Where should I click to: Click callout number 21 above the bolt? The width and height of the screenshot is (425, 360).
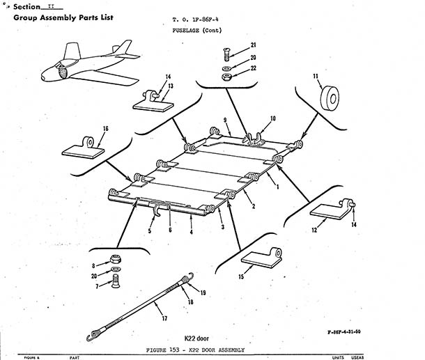point(254,45)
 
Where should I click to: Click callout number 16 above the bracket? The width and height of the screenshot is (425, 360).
point(105,129)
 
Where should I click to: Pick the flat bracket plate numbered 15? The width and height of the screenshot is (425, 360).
point(261,258)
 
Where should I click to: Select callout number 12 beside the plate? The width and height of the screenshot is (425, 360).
point(314,228)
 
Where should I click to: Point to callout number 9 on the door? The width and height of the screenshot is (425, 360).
point(225,121)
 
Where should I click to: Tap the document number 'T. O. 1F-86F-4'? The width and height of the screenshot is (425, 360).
point(196,22)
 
